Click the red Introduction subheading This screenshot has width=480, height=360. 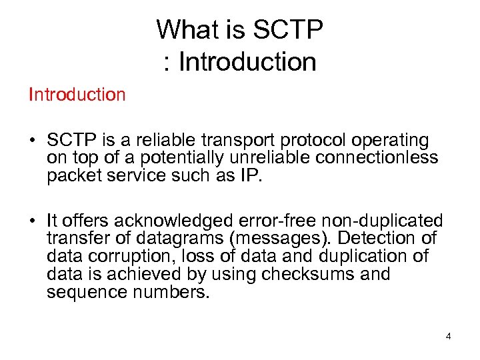tap(77, 95)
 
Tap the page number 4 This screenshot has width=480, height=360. tap(448, 336)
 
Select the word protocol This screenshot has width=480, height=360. tap(307, 141)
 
